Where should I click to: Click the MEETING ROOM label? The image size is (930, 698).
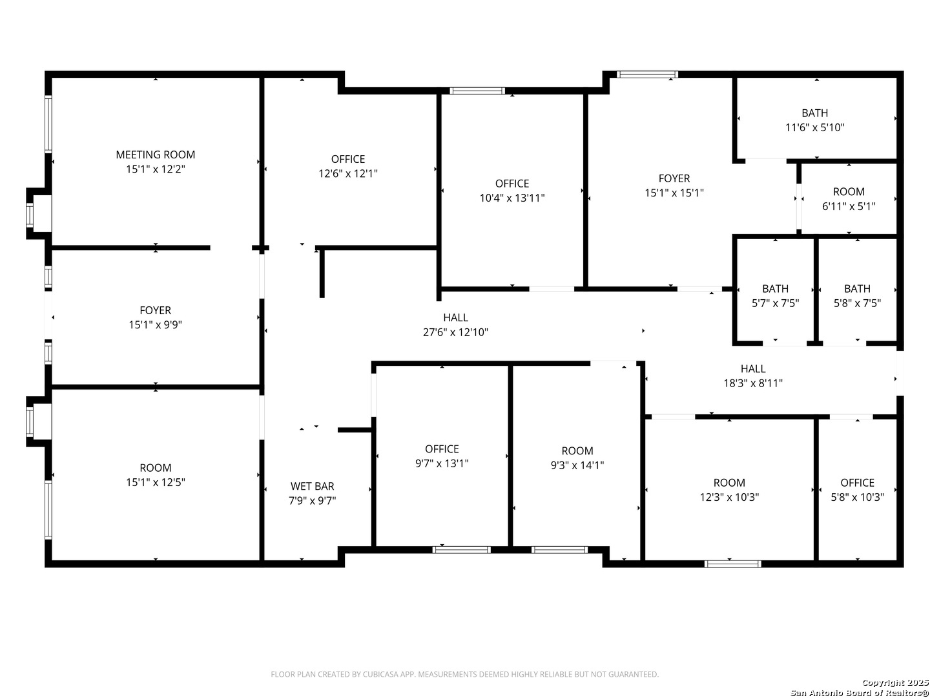point(155,154)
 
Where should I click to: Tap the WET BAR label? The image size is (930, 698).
point(312,486)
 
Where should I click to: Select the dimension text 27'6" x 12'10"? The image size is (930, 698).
point(455,332)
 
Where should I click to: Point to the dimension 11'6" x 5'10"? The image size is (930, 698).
point(814,127)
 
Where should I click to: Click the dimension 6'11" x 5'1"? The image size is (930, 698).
point(848,206)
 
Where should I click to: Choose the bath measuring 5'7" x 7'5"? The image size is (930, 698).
point(775,295)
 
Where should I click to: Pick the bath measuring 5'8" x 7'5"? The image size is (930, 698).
point(857,295)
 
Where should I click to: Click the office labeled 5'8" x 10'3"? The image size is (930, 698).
point(857,489)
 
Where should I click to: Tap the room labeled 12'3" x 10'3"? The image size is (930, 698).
point(729,489)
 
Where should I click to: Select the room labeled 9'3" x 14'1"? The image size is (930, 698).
point(577,458)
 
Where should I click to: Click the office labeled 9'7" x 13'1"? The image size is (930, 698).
point(442,456)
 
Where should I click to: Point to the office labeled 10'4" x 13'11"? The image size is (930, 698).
point(512,191)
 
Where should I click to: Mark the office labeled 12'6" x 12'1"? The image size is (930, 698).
point(347,166)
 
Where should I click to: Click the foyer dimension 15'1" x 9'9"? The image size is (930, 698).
point(155,325)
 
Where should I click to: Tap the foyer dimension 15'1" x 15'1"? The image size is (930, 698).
point(674,193)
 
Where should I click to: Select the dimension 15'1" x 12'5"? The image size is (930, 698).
point(155,482)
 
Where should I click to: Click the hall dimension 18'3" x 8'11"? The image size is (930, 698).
point(752,383)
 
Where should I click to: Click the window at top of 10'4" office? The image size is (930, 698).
point(477,90)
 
